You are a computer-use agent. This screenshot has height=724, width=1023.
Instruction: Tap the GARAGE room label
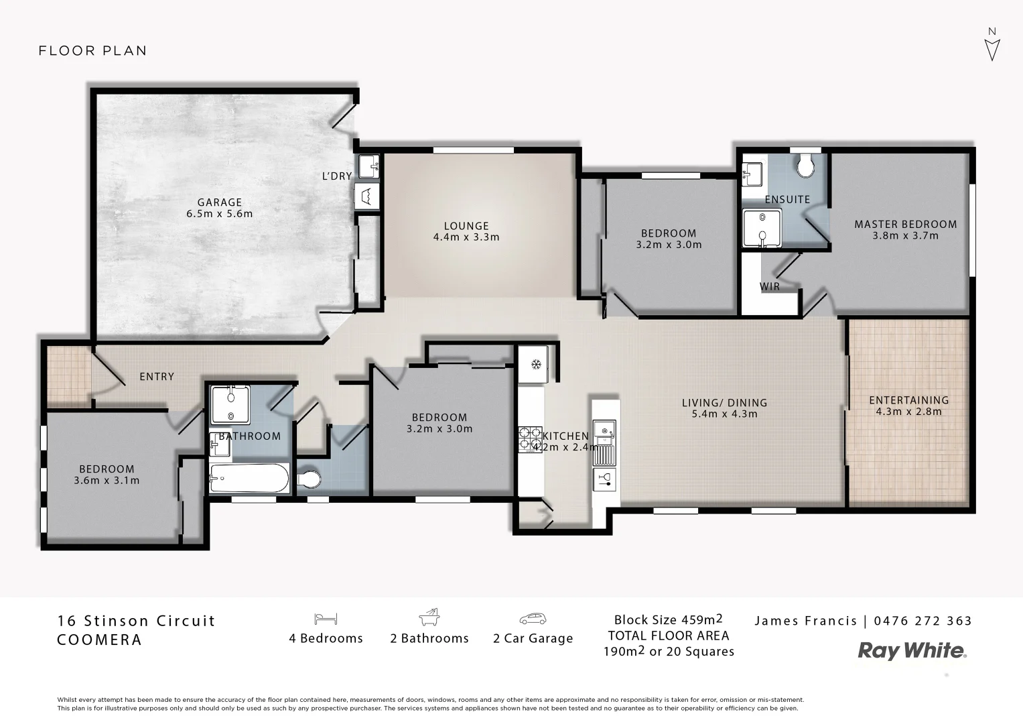[219, 202]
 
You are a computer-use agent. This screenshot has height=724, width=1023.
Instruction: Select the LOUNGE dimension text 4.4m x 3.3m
[466, 237]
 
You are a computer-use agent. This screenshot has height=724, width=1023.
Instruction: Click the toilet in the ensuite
[805, 165]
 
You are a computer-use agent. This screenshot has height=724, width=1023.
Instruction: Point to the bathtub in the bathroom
[249, 478]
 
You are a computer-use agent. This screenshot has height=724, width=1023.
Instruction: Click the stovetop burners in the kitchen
[531, 439]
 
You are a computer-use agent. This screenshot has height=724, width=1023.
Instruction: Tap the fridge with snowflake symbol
[535, 365]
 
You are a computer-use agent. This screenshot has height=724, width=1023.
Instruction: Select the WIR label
[770, 287]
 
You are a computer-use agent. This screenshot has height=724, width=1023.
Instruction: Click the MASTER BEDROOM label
[905, 225]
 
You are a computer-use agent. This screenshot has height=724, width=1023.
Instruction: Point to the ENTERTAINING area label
[908, 401]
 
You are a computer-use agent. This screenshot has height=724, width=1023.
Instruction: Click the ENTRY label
[157, 377]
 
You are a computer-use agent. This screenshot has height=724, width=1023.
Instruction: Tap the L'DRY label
[336, 176]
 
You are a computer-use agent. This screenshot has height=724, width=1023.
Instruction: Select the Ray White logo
[912, 650]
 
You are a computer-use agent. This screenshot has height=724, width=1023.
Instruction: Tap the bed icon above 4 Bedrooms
[326, 619]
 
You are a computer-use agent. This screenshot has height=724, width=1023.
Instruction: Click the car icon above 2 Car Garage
[533, 619]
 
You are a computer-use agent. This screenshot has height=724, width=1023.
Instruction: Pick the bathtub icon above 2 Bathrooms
[429, 617]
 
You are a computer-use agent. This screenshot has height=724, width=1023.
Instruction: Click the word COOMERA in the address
[100, 640]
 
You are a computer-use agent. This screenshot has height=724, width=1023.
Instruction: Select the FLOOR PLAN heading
[92, 51]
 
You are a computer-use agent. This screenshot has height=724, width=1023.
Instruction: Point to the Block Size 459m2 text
[668, 619]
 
